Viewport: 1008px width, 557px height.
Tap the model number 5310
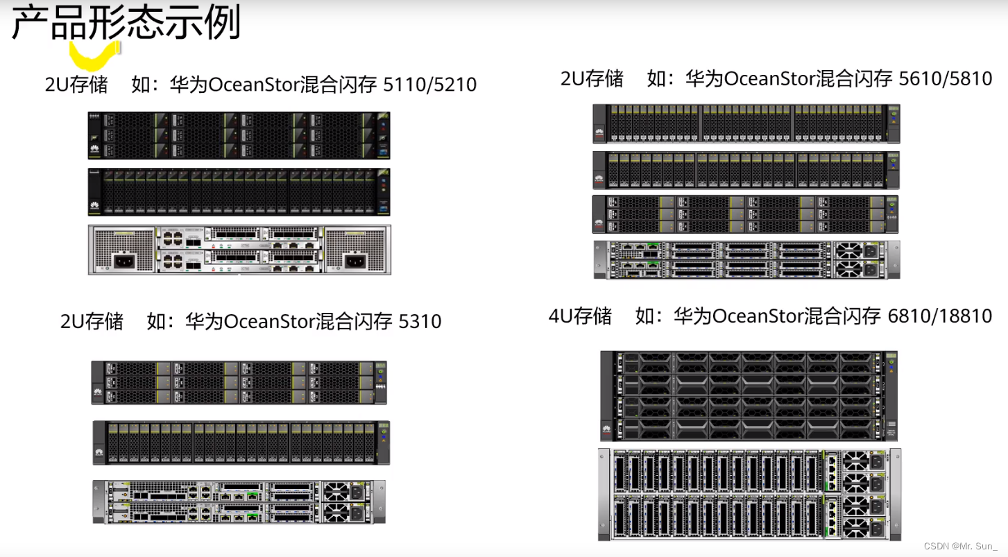click(x=420, y=321)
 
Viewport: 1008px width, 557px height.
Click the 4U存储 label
click(x=580, y=316)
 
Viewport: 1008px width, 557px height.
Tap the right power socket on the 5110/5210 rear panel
click(x=355, y=262)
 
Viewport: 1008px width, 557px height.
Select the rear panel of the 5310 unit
click(x=239, y=502)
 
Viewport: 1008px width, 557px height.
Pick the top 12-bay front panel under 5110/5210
click(x=239, y=135)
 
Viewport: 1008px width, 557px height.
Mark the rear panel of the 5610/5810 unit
click(x=746, y=259)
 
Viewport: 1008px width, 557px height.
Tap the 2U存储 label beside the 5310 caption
click(x=92, y=321)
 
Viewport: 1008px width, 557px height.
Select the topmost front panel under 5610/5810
click(x=746, y=123)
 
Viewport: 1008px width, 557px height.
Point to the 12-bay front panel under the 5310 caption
click(x=239, y=382)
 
